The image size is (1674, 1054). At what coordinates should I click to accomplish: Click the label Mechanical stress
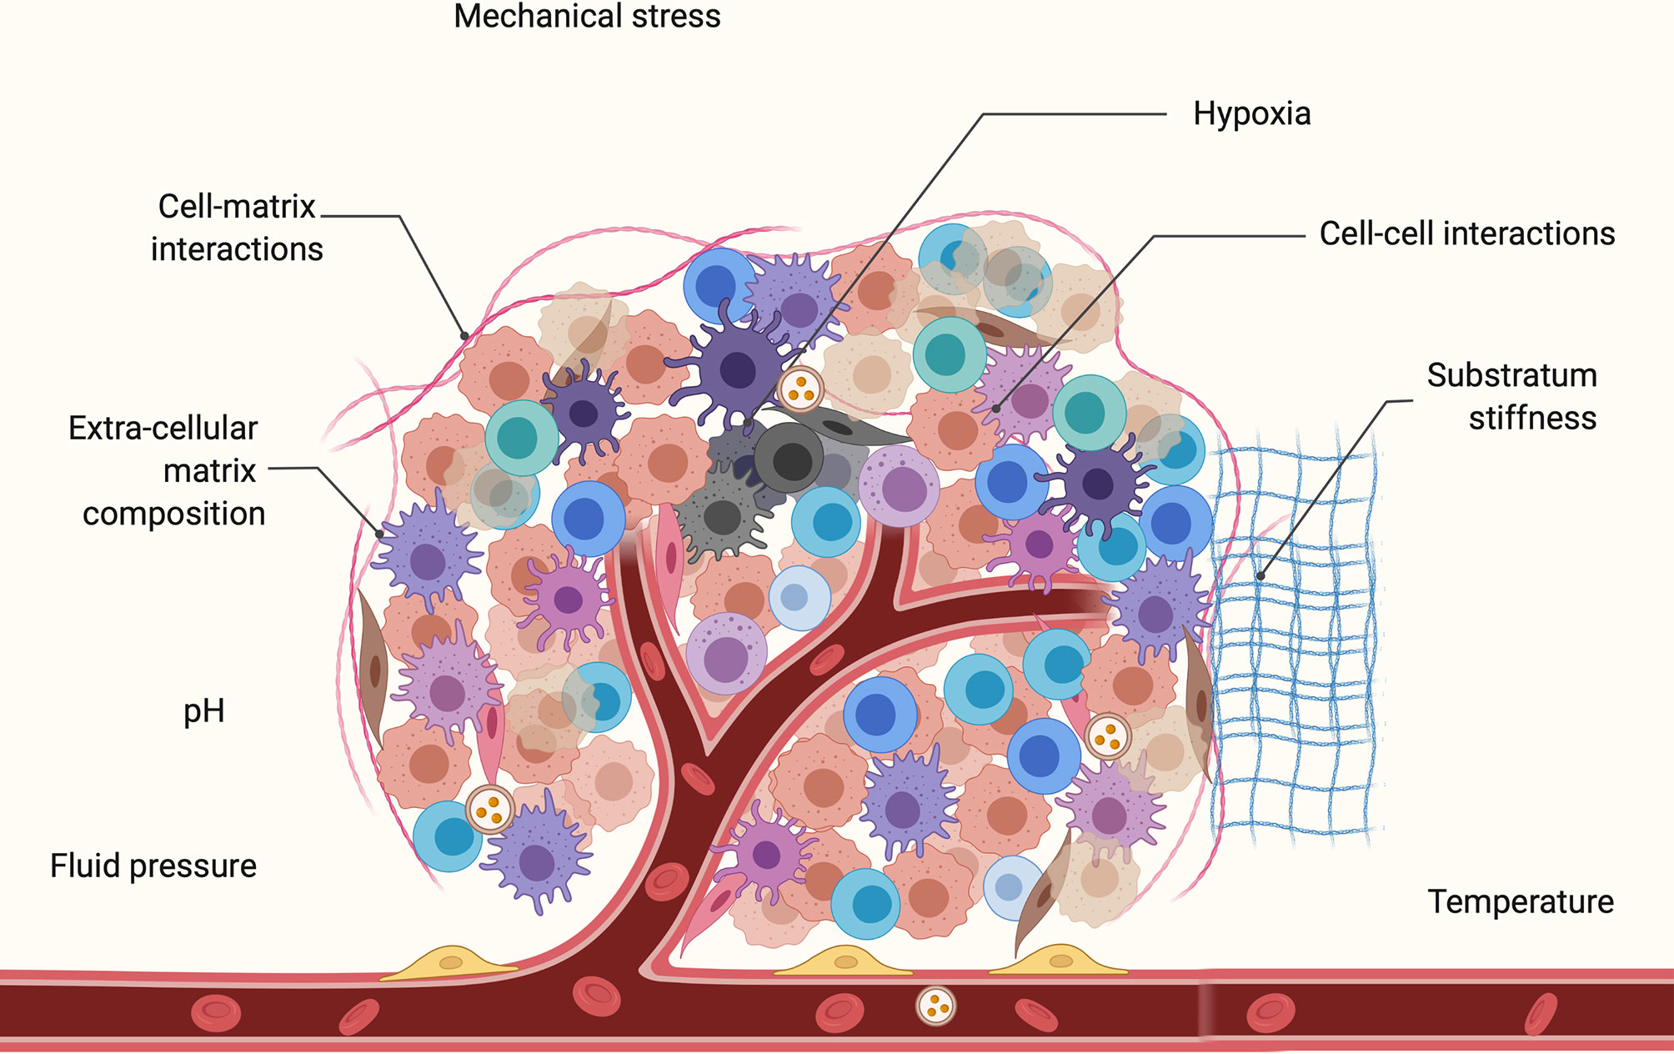point(587,17)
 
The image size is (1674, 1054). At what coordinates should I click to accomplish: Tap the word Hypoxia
point(1251,114)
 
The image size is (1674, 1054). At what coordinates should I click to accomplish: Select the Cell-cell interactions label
point(1466,234)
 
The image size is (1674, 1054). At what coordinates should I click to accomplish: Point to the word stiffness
point(1532,418)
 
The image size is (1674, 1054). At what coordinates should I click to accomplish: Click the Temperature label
point(1521,902)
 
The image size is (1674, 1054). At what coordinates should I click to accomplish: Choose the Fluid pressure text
point(153,866)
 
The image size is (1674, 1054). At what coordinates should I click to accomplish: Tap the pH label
point(203,711)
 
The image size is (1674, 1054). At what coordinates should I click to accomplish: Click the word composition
point(173,514)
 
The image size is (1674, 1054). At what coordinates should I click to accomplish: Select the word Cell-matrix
point(237,207)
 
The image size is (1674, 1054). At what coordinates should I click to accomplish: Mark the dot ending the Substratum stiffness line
point(1261,575)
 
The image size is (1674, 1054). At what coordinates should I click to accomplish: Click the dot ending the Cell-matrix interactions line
point(464,336)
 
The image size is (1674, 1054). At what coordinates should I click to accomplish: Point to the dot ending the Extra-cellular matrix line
point(380,534)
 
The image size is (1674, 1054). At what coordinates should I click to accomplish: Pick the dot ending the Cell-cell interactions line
point(996,409)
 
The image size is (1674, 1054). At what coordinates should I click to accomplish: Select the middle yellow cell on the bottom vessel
point(844,962)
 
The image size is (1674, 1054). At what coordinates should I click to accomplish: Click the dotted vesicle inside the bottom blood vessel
point(935,1006)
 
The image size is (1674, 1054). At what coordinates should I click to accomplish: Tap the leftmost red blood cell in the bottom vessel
point(216,1012)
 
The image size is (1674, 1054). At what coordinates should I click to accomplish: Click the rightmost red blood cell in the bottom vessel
point(1541,1014)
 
